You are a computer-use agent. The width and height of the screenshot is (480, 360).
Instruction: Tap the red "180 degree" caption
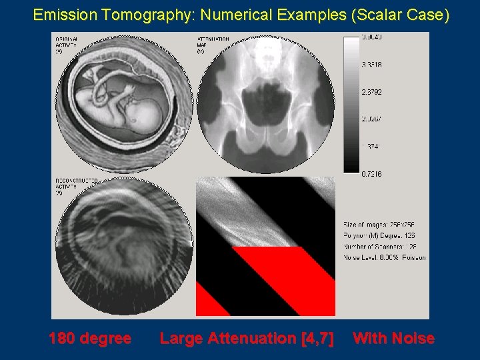click(x=89, y=339)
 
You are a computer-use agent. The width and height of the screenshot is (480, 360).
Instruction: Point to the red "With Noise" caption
click(x=393, y=339)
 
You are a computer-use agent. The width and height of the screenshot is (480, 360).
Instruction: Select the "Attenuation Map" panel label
click(x=213, y=43)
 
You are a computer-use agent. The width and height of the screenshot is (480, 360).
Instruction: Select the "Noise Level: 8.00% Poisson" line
click(x=385, y=257)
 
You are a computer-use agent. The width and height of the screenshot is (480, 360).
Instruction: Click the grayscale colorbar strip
click(x=351, y=103)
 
